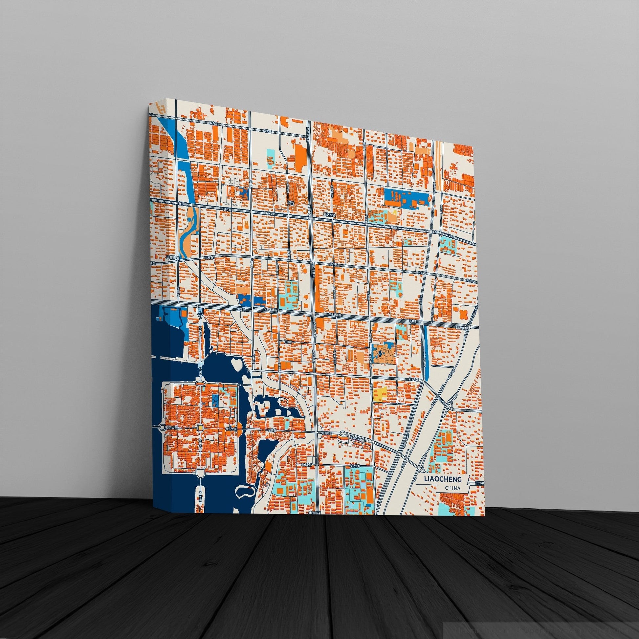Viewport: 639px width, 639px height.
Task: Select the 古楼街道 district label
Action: [x=173, y=258]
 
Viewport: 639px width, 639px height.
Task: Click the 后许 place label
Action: [x=291, y=203]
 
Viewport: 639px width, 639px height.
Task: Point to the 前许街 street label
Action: [x=289, y=342]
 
